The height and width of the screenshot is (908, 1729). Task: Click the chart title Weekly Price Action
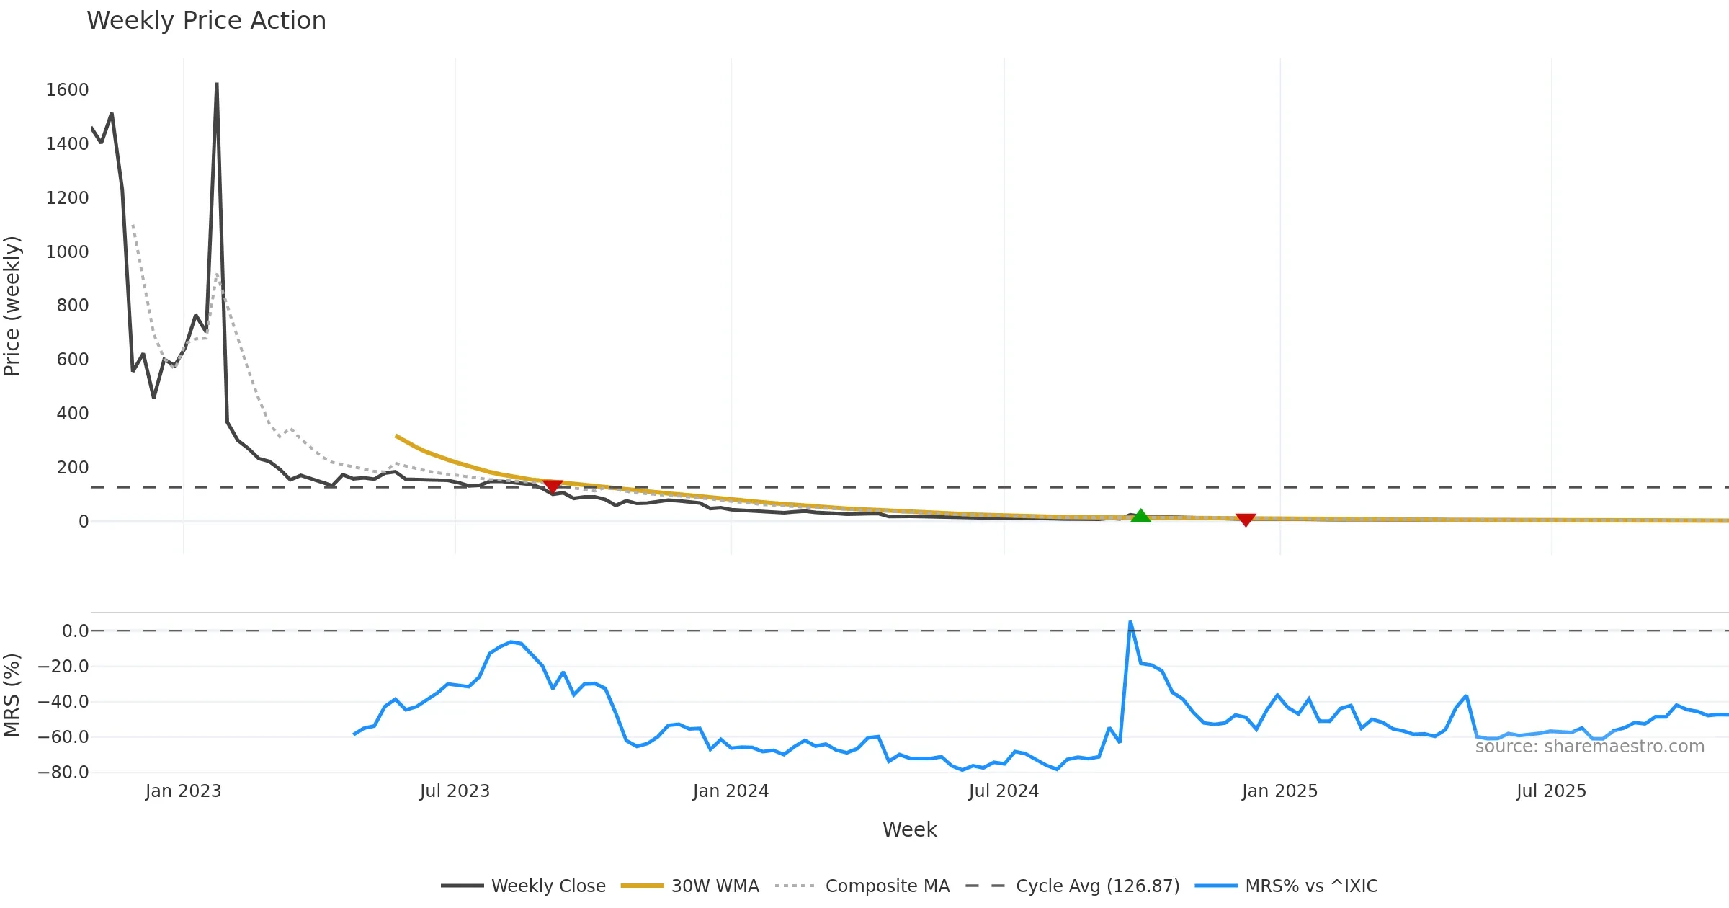point(206,21)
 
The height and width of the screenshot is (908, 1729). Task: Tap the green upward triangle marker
point(1140,516)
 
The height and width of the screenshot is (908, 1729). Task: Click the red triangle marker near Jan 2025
point(1246,520)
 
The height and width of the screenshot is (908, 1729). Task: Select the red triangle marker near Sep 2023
point(553,487)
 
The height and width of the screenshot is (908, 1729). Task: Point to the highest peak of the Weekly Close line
point(217,84)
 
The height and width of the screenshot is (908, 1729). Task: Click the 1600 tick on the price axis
point(67,90)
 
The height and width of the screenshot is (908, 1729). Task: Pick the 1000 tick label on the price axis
point(67,252)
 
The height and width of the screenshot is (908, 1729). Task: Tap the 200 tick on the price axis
point(72,468)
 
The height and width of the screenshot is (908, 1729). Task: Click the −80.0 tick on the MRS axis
point(63,773)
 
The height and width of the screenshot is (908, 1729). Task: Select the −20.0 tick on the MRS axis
point(63,667)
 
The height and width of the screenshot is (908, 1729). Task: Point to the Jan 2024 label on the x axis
point(731,791)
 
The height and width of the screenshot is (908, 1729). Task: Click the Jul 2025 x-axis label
point(1551,791)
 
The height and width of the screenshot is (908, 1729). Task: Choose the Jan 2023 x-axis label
point(183,791)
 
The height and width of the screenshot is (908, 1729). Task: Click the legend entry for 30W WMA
point(715,886)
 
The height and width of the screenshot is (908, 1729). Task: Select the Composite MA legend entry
point(887,886)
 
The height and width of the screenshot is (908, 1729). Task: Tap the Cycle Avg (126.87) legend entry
point(1097,886)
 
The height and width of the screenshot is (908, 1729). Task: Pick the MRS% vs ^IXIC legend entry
point(1310,886)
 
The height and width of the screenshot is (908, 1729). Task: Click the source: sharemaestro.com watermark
point(1589,747)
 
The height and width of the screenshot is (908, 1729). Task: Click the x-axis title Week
point(909,830)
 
